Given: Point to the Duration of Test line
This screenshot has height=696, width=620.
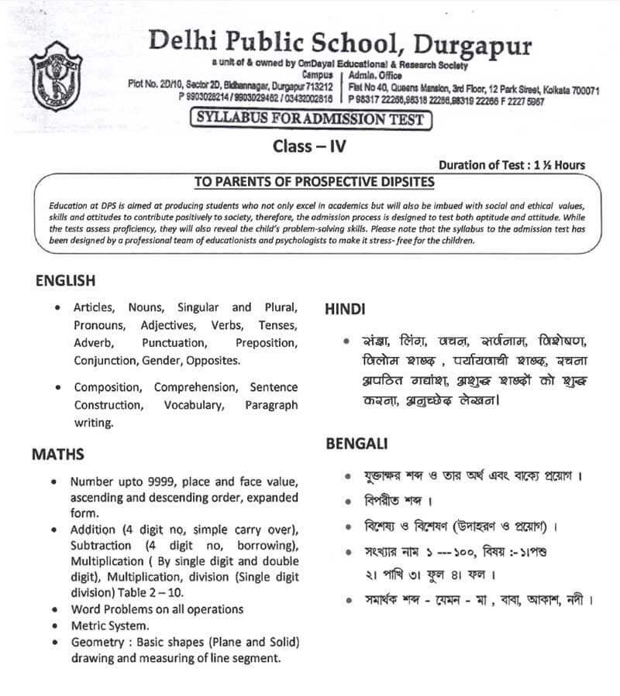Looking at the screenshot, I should click(x=511, y=165).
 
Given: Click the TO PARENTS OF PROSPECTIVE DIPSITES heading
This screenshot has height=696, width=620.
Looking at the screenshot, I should click(x=314, y=182).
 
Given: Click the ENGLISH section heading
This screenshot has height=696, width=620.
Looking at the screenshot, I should click(x=66, y=281).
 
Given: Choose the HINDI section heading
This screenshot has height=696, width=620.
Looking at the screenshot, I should click(x=345, y=308).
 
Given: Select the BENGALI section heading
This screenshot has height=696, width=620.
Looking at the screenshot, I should click(x=351, y=444).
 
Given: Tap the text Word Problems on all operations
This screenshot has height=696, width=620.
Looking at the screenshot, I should click(x=157, y=609).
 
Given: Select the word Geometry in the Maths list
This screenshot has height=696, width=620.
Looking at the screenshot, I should click(x=96, y=643).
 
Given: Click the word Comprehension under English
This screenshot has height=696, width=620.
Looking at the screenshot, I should click(x=196, y=386).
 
